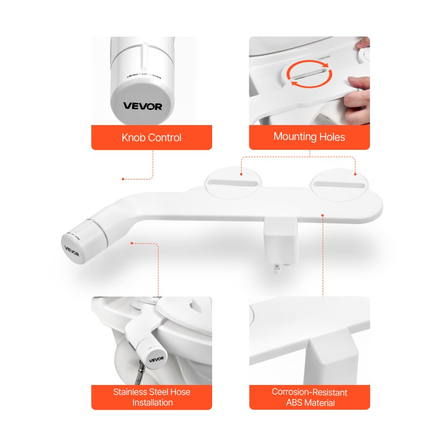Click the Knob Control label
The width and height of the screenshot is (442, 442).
pos(151,137)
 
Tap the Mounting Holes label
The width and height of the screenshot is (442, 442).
pos(309,137)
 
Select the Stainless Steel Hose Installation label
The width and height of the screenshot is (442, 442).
pos(152,397)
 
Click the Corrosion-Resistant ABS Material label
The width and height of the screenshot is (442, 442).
pos(309,397)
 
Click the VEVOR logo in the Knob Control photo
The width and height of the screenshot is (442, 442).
pos(142,106)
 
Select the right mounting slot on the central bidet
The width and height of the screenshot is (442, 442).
pos(339,184)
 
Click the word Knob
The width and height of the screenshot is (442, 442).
pos(133,137)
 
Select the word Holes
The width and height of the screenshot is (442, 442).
pos(332,137)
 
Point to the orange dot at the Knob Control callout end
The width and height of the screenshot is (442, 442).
pos(123,179)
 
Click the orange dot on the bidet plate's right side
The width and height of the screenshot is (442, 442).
pos(323,215)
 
